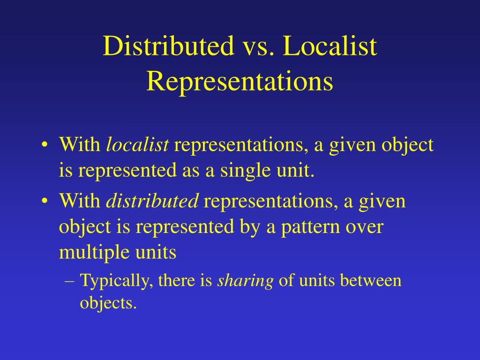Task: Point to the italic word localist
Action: [137, 145]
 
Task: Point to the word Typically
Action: [117, 281]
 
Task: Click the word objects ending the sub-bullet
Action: [108, 303]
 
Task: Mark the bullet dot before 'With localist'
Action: [44, 145]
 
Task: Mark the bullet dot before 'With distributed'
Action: [44, 202]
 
